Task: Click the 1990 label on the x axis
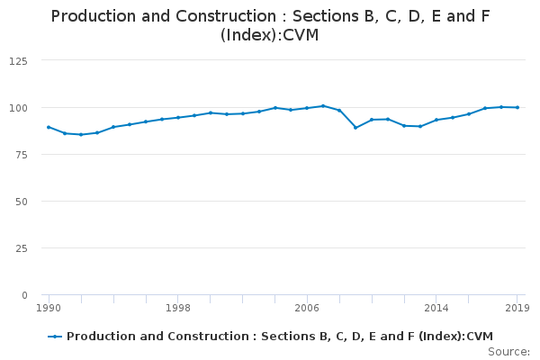[x=49, y=308]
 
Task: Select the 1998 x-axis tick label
[x=178, y=308]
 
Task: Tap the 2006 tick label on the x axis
[x=307, y=308]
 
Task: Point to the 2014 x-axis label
[x=436, y=308]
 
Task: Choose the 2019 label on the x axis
[x=517, y=308]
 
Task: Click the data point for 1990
[x=49, y=127]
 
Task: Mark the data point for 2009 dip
[x=355, y=128]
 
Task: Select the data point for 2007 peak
[x=323, y=106]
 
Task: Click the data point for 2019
[x=517, y=107]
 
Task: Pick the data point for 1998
[x=178, y=117]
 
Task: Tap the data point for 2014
[x=436, y=120]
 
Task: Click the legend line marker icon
[x=55, y=337]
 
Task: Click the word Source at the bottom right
[x=509, y=351]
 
